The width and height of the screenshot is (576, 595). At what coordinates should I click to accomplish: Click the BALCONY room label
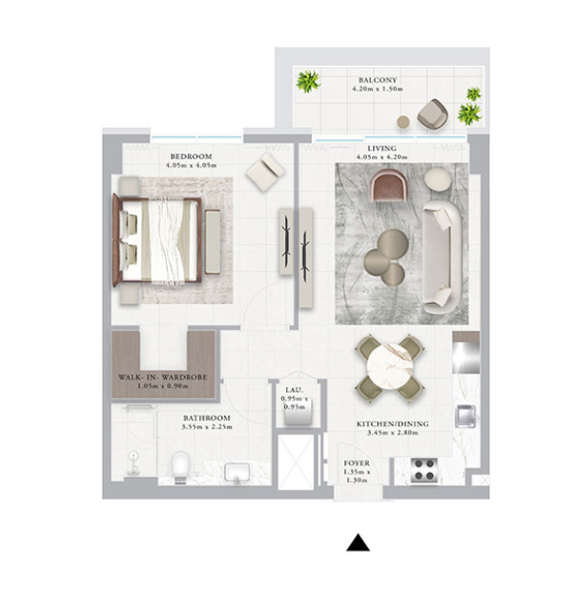(378, 80)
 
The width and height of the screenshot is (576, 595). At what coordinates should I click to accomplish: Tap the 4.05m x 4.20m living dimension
(381, 157)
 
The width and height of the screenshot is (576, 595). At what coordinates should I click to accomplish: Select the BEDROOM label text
(191, 156)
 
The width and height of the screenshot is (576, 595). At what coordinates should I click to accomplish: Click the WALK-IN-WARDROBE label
(163, 378)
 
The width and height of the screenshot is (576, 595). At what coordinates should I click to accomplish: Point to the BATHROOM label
(207, 418)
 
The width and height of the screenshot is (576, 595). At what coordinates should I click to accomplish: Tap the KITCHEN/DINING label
(392, 424)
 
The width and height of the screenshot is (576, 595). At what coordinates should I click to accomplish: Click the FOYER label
(357, 463)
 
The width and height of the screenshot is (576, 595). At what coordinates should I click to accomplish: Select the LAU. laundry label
(295, 390)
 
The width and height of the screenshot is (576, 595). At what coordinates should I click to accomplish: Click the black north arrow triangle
(358, 543)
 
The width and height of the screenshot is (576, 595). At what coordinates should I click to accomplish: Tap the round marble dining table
(389, 368)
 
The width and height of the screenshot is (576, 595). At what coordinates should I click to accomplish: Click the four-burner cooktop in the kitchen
(424, 470)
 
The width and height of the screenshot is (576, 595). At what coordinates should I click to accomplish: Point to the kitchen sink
(465, 417)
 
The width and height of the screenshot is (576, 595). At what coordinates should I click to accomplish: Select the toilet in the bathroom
(180, 467)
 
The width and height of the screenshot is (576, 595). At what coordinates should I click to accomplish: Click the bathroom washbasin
(237, 472)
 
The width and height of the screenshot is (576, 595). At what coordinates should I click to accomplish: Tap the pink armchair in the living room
(389, 185)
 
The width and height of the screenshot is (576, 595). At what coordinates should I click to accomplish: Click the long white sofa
(442, 257)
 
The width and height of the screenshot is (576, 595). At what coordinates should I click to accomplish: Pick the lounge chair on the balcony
(434, 113)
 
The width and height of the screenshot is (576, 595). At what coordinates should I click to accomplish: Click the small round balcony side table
(403, 122)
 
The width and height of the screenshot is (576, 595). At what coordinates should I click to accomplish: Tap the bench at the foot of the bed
(213, 242)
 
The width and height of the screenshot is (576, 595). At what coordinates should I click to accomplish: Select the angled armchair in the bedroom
(265, 173)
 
